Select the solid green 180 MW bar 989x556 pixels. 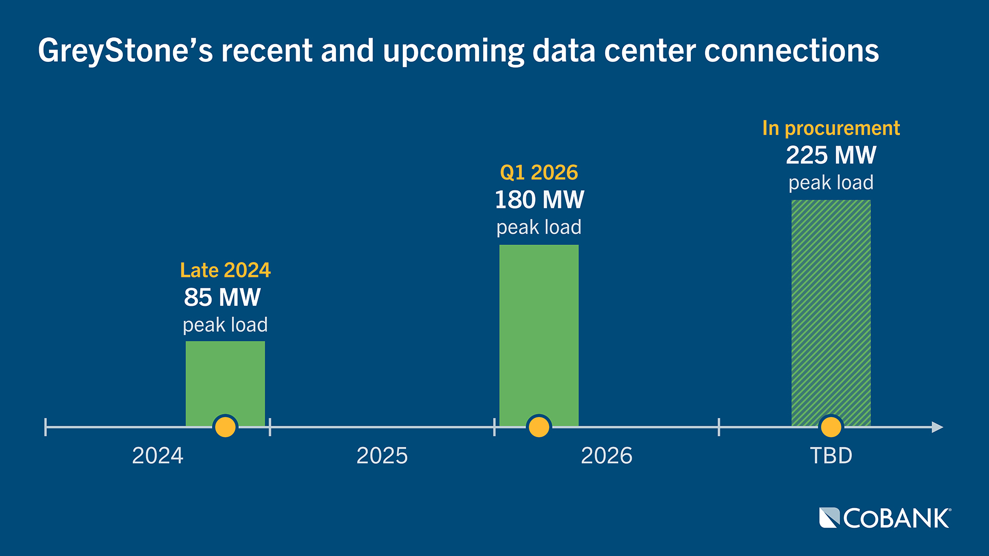coord(539,329)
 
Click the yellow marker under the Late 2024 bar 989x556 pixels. coord(225,427)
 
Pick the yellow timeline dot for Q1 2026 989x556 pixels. coord(539,427)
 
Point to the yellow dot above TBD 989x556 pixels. coord(831,427)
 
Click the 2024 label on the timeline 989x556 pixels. coord(158,456)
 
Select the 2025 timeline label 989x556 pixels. coord(382,456)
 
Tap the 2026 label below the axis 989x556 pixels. coord(606,456)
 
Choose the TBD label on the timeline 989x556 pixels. coord(831,456)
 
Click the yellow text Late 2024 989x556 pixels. coord(225,270)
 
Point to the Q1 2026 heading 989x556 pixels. coord(539,172)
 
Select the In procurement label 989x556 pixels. coord(831,128)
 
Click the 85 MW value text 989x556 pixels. coord(223,298)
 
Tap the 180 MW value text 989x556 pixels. coord(539,200)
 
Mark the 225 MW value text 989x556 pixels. coord(831,155)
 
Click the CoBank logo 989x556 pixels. coord(885,518)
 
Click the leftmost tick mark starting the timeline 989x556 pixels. coord(46,427)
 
